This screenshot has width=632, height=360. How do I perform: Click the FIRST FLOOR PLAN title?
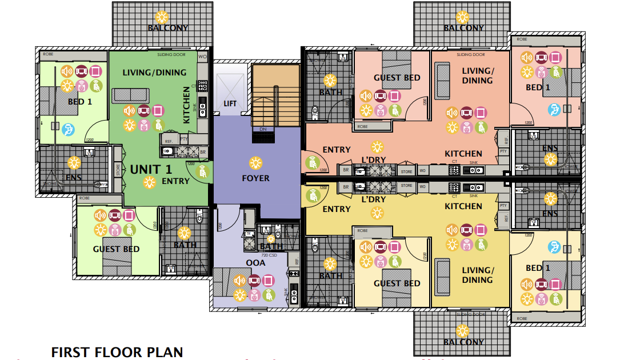coord(117,352)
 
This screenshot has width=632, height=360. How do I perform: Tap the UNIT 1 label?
coord(151,169)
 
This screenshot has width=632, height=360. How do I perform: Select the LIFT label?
coord(230,103)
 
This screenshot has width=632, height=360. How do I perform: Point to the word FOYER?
coord(255,178)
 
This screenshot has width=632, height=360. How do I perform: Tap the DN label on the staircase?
coord(263,130)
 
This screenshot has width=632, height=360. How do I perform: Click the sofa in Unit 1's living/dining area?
coord(131,95)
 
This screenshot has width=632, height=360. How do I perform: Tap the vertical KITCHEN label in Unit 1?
coord(186,105)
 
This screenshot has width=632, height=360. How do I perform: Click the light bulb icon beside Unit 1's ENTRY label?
coord(149,182)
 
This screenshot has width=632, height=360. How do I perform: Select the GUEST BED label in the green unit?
coord(116,249)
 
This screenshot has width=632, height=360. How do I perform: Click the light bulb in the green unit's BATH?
coord(184,233)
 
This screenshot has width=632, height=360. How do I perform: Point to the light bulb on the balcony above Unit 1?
coord(162,17)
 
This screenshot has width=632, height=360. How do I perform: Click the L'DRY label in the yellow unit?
coord(375,200)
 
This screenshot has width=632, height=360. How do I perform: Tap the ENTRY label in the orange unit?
coord(337,150)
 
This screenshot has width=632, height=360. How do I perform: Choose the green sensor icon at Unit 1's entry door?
coord(202,171)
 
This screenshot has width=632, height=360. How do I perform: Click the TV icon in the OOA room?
coord(254,281)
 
